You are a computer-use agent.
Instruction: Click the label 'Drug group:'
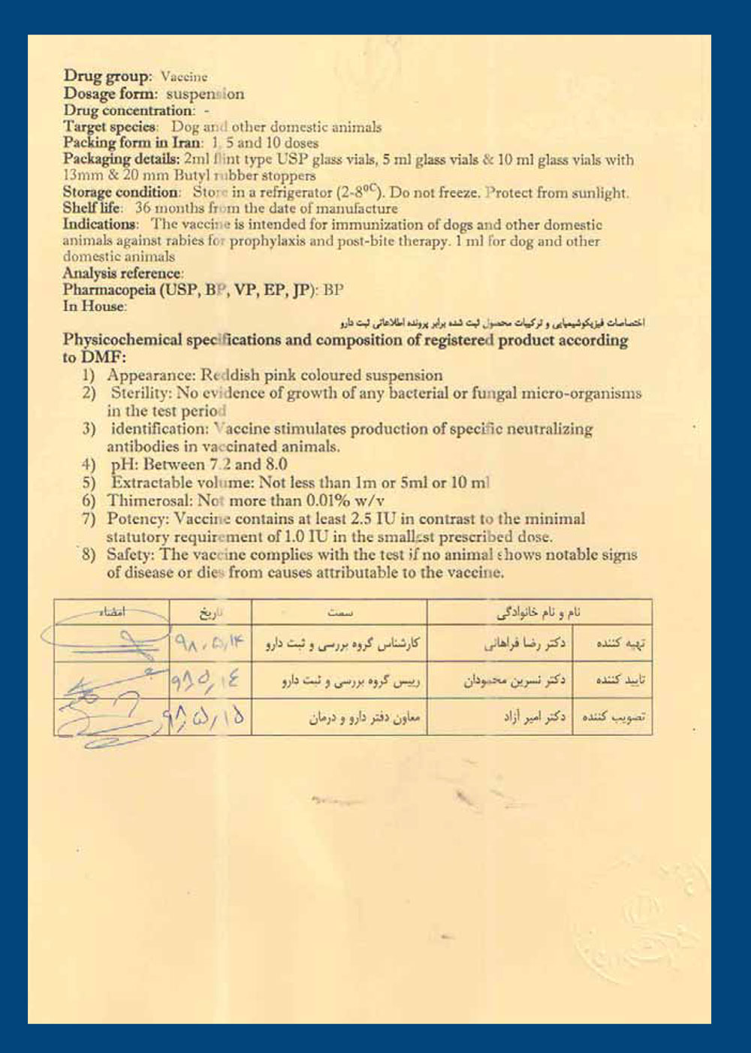click(107, 76)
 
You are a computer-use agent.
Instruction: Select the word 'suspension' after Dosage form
click(205, 94)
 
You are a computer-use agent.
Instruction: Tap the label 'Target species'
click(110, 126)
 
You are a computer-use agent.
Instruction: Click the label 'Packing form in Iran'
click(132, 142)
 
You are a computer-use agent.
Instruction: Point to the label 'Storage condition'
click(121, 192)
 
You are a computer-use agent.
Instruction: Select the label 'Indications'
click(99, 224)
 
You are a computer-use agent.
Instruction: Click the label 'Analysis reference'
click(122, 273)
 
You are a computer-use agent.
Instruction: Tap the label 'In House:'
click(95, 306)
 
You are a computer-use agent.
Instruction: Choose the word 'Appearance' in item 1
click(149, 375)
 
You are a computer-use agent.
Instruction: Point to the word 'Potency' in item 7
click(137, 518)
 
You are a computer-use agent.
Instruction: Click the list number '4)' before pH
click(89, 464)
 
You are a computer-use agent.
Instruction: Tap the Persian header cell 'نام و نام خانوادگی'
click(538, 612)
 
